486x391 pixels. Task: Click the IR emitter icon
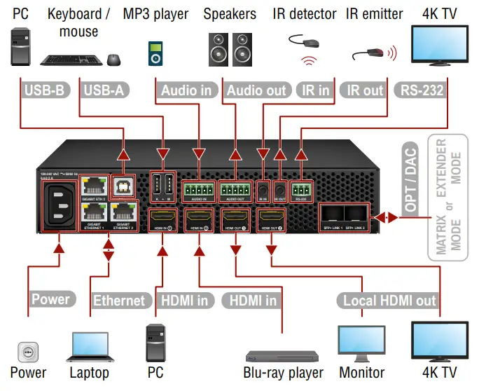[x=369, y=53]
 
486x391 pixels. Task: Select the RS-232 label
[x=421, y=90]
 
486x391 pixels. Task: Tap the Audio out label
[x=256, y=90]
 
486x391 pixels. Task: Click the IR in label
[x=314, y=90]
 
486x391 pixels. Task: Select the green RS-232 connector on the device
[x=303, y=190]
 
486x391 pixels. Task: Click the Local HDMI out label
[x=389, y=301]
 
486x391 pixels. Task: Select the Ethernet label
[x=119, y=301]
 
